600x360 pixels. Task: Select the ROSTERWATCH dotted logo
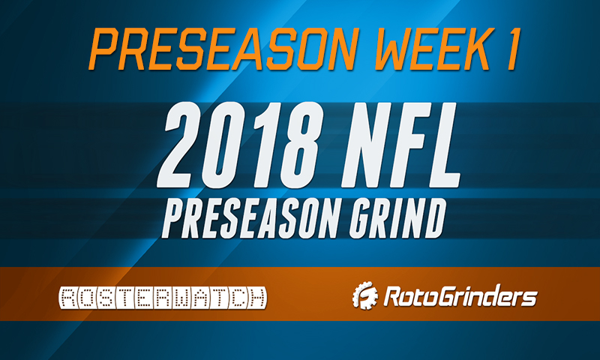point(162,298)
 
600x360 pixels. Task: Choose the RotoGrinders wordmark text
point(460,298)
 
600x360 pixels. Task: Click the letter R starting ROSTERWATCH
point(67,298)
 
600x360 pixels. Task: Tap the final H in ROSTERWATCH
point(256,298)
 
